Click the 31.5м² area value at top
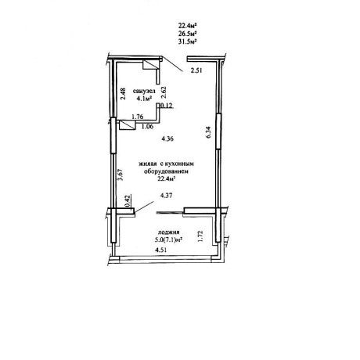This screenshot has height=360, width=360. pos(187,41)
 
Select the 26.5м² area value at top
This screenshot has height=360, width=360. pos(187,34)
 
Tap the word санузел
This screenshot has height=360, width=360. pos(144,91)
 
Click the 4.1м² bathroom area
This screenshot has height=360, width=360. pos(144,99)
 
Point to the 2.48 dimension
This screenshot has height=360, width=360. pos(124,93)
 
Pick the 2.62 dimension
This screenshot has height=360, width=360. pos(164,92)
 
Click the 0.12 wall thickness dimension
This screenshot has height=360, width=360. pos(167,106)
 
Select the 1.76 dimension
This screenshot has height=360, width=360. pos(137,117)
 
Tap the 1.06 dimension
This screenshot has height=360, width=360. pos(147,127)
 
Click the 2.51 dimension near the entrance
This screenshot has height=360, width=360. pos(196,70)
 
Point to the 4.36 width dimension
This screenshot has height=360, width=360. pos(167,139)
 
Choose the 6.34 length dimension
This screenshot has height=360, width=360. pos(208,132)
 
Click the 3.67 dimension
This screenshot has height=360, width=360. pos(120,175)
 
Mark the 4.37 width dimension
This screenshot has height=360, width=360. pos(167,195)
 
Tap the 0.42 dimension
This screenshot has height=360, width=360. pos(128,201)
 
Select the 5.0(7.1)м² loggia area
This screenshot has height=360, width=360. pos(168,239)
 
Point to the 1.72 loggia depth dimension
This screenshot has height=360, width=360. pos(200,236)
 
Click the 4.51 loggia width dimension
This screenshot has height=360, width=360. pos(161,250)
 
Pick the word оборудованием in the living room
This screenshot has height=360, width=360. pos(166,171)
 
